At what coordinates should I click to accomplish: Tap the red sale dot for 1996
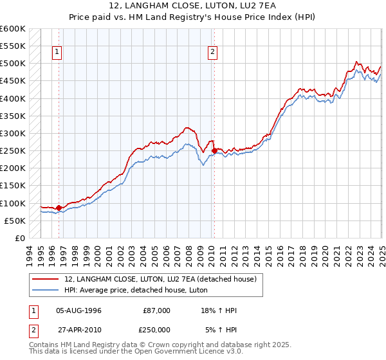tap(59, 208)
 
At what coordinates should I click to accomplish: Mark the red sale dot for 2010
tap(214, 151)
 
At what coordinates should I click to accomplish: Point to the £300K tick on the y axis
tap(12, 134)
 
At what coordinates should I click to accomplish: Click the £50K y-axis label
tap(14, 221)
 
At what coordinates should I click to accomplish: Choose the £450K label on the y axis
tap(12, 81)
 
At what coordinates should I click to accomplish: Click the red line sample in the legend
tap(46, 279)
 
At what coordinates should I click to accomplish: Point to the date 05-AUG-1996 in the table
tap(78, 310)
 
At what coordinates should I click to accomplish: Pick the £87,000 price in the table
tap(156, 310)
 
